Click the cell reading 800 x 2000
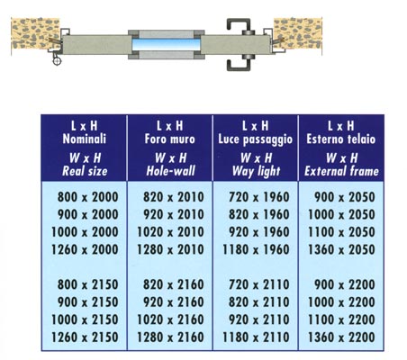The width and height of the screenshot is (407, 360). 87,197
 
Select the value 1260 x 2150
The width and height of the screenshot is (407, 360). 85,337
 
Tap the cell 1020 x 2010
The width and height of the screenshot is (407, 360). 170,232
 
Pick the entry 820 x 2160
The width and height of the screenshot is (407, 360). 174,284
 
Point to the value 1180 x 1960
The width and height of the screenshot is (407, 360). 256,249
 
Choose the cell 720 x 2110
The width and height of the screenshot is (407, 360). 259,284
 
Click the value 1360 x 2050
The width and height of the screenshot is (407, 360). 341,249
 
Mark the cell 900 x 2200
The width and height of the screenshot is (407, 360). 345,284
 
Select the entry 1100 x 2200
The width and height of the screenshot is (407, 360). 341,319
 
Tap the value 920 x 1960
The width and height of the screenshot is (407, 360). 259,232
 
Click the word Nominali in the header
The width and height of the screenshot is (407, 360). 85,139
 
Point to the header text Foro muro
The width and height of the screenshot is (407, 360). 170,139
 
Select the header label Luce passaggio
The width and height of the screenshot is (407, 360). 256,139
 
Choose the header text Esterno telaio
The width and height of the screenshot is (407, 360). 341,139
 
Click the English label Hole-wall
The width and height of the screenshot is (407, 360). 171,171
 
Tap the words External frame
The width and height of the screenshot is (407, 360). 341,171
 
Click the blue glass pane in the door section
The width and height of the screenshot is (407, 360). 166,44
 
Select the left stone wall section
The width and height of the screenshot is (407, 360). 35,33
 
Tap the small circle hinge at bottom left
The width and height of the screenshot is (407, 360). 57,60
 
